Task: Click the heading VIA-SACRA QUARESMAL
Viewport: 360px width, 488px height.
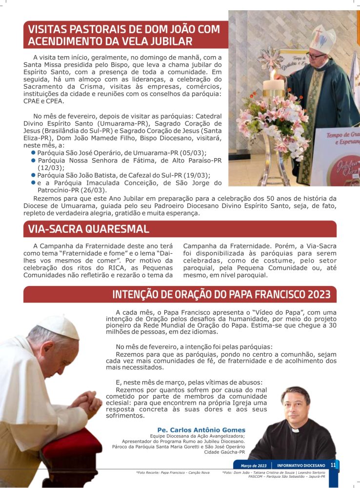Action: (89, 229)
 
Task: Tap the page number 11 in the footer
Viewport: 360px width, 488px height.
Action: (333, 465)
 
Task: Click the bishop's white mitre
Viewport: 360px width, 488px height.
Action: (322, 39)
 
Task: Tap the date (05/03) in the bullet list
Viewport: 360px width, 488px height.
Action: (195, 152)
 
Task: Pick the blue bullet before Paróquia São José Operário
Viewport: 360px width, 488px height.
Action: (33, 152)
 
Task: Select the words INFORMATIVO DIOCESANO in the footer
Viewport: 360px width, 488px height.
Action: (298, 466)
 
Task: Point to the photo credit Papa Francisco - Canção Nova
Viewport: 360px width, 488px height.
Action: (173, 472)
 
